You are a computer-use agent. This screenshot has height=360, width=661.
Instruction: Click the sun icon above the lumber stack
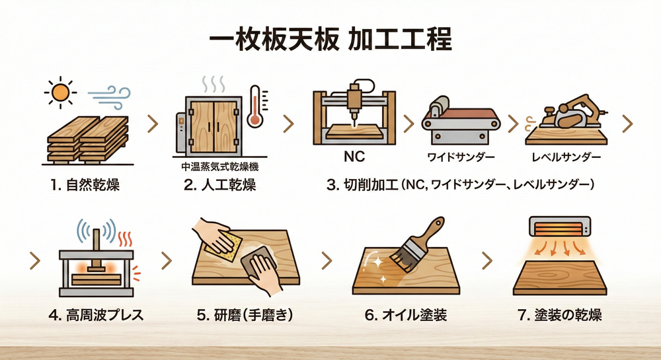pyautogui.click(x=61, y=92)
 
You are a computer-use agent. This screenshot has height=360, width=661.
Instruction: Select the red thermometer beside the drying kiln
pyautogui.click(x=255, y=106)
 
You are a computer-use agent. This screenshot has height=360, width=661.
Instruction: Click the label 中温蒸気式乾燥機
pyautogui.click(x=220, y=166)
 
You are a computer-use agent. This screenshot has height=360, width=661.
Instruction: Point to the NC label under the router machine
pyautogui.click(x=354, y=157)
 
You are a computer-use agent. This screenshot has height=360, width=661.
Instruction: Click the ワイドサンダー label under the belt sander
pyautogui.click(x=461, y=157)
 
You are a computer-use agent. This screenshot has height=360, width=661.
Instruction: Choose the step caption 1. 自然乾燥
pyautogui.click(x=85, y=185)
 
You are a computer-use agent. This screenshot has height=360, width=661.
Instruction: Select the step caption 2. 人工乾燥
pyautogui.click(x=220, y=185)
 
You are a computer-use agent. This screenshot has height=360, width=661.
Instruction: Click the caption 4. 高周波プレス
pyautogui.click(x=96, y=315)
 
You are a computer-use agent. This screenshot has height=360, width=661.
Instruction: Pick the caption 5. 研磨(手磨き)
pyautogui.click(x=245, y=315)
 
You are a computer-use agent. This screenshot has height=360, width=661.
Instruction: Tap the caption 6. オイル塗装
pyautogui.click(x=406, y=315)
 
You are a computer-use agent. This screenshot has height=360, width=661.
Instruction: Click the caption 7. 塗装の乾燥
pyautogui.click(x=560, y=315)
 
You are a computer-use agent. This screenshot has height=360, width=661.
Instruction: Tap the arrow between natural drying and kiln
pyautogui.click(x=153, y=124)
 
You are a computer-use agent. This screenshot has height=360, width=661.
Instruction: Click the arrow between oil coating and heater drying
pyautogui.click(x=487, y=261)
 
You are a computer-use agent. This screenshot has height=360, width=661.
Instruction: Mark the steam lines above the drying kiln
pyautogui.click(x=213, y=84)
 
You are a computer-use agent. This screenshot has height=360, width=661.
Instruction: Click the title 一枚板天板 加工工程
pyautogui.click(x=330, y=40)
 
